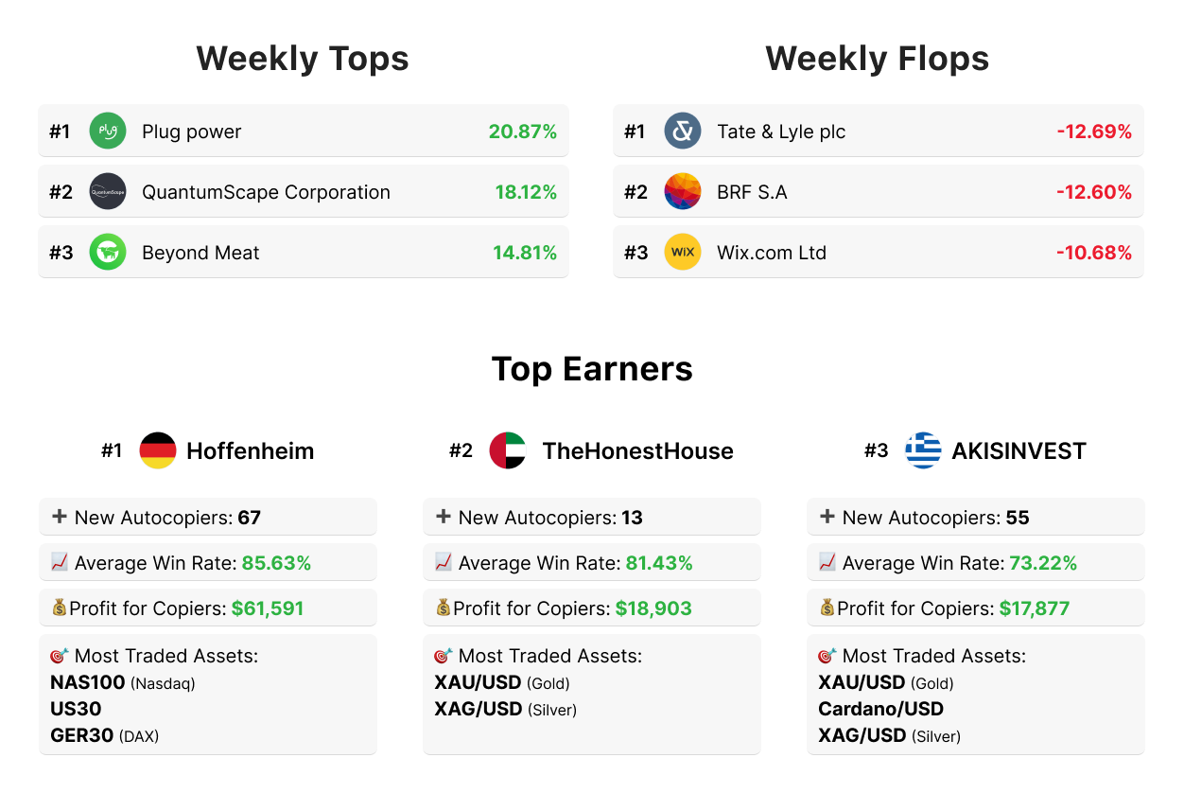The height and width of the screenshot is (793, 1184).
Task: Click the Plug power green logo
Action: [108, 131]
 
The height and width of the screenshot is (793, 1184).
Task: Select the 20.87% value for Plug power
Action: [522, 132]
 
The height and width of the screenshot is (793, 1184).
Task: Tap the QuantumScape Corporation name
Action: [266, 192]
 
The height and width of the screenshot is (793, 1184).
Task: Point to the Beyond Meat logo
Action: [108, 253]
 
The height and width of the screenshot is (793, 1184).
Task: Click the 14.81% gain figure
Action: [524, 253]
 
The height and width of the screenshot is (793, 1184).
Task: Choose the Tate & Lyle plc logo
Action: [683, 131]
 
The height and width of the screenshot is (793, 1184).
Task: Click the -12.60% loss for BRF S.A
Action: [1093, 192]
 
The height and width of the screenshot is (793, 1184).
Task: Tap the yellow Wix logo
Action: [683, 253]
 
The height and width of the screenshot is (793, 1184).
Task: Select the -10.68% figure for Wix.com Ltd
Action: [1093, 253]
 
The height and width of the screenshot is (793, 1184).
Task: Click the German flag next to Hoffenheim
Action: [158, 450]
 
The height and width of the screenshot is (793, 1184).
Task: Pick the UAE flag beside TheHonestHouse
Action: [508, 450]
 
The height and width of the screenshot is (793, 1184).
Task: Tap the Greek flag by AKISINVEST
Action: [923, 450]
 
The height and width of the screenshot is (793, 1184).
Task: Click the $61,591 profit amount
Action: [268, 608]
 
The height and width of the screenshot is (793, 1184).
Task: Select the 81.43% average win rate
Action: [658, 563]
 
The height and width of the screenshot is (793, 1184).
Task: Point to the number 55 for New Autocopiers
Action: [1018, 518]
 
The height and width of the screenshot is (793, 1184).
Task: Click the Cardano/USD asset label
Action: [880, 709]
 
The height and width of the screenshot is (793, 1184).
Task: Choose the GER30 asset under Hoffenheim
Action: [81, 735]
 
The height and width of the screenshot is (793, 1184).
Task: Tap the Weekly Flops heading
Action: [877, 59]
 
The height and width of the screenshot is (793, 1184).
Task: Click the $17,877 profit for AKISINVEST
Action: [1035, 608]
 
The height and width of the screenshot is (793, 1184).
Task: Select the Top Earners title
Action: [592, 368]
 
